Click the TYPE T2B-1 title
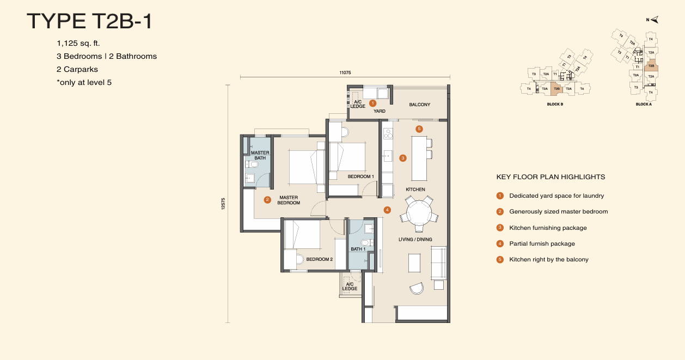coord(90,21)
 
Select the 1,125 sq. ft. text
coord(78,42)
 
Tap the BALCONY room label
coord(419,105)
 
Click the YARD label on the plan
coord(379,111)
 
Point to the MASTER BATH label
coord(260,155)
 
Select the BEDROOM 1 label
coord(361,176)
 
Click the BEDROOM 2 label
coord(319,259)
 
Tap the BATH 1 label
coord(358,249)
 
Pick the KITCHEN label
coord(415,190)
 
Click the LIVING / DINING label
coord(415,239)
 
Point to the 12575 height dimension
coord(223,203)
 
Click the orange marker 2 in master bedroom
coord(267,200)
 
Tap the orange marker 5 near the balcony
coord(419,129)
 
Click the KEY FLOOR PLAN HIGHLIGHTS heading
coord(551,177)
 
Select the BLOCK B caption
coord(554,104)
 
